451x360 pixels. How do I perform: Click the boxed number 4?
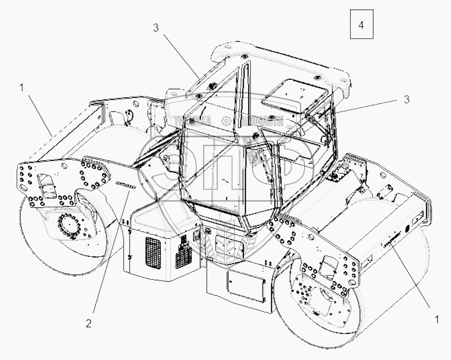tap(361, 25)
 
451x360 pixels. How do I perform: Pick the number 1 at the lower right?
tap(436, 320)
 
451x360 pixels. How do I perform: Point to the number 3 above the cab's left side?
tap(156, 28)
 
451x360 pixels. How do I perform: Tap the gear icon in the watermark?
tap(225, 121)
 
